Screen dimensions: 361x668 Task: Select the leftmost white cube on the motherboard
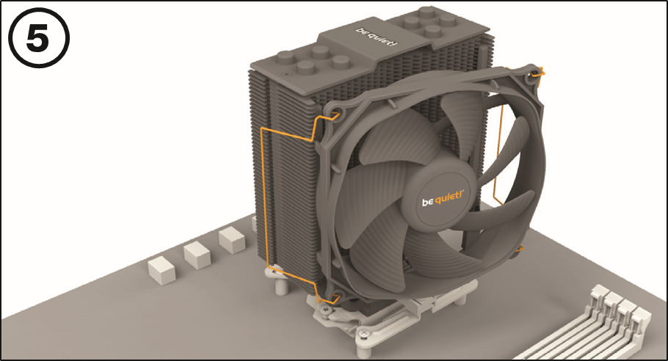(x=161, y=269)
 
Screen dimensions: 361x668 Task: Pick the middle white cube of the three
(x=197, y=254)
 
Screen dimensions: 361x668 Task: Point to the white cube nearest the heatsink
(x=232, y=239)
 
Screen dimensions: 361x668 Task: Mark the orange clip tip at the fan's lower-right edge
(x=520, y=250)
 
